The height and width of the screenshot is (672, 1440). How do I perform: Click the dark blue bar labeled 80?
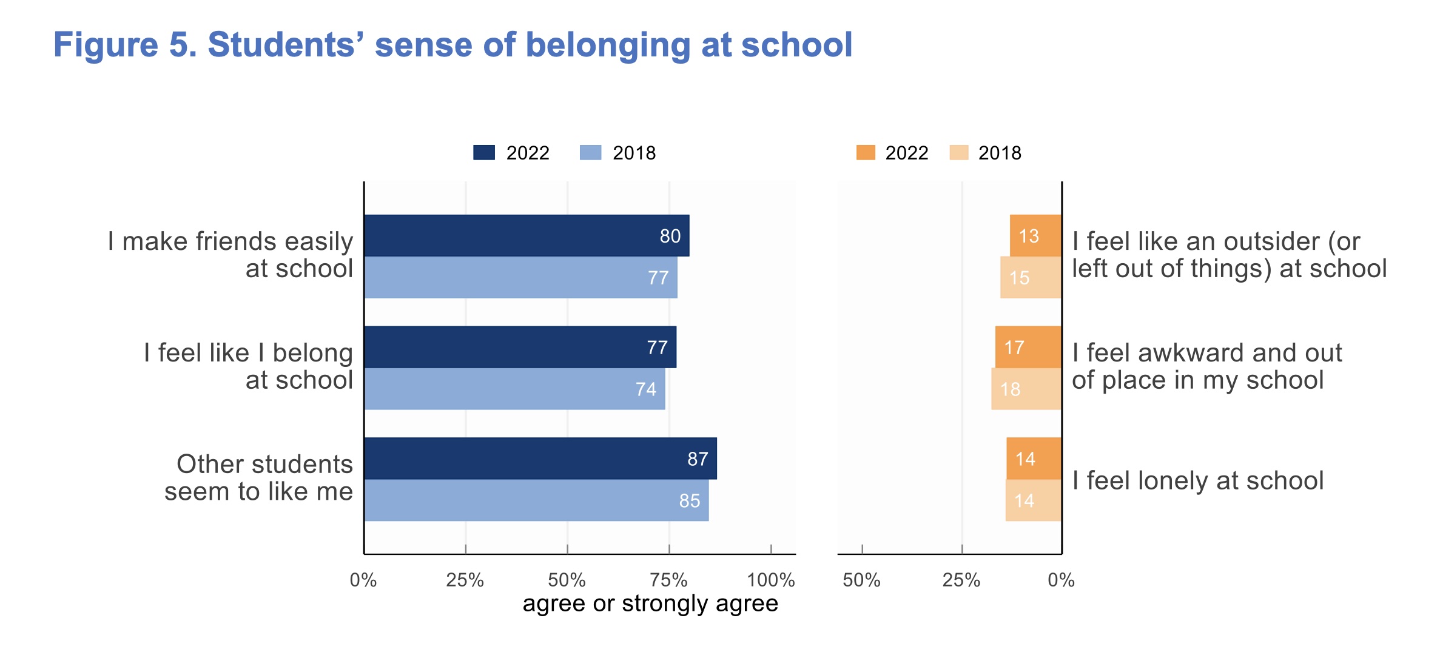click(x=527, y=235)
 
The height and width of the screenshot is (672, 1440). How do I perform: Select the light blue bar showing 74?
click(x=514, y=389)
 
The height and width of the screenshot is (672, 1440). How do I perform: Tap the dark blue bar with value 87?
click(x=540, y=459)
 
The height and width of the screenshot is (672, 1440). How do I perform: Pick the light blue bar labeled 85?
click(x=536, y=500)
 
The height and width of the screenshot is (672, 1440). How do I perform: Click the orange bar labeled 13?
click(x=1035, y=235)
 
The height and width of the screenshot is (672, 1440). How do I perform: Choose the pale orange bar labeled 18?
click(x=1026, y=389)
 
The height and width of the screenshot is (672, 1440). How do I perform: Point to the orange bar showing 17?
click(x=1028, y=347)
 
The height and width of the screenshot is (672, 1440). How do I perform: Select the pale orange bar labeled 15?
click(x=1031, y=277)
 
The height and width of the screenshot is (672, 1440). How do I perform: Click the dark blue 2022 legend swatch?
click(x=484, y=153)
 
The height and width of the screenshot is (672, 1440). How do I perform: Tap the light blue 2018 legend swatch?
click(x=590, y=153)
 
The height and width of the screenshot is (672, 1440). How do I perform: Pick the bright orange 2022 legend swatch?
click(x=866, y=153)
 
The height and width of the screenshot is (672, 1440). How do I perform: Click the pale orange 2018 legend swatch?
click(x=959, y=153)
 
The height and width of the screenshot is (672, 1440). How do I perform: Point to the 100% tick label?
click(x=770, y=580)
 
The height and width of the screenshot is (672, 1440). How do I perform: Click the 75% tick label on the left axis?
click(x=668, y=580)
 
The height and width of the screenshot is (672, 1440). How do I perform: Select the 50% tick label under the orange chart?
click(x=861, y=580)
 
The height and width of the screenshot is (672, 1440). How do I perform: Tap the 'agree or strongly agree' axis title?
click(x=650, y=603)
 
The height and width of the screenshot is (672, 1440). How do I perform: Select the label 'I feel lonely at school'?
click(x=1197, y=481)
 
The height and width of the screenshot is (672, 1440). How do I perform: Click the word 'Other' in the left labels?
click(x=210, y=464)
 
